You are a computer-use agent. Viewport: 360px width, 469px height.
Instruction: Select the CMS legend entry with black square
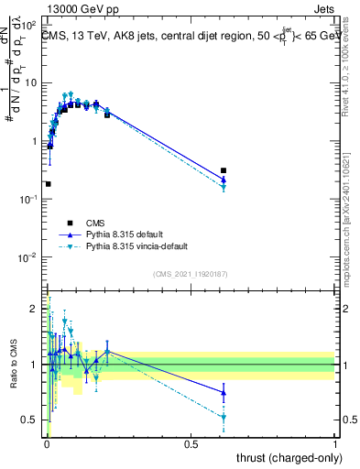70,223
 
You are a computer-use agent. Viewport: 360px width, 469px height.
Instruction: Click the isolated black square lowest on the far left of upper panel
48,184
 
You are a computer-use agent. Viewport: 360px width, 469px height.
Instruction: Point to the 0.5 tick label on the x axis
191,442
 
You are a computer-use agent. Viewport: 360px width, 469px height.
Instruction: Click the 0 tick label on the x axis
46,442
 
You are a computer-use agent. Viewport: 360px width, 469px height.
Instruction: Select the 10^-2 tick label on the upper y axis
27,257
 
